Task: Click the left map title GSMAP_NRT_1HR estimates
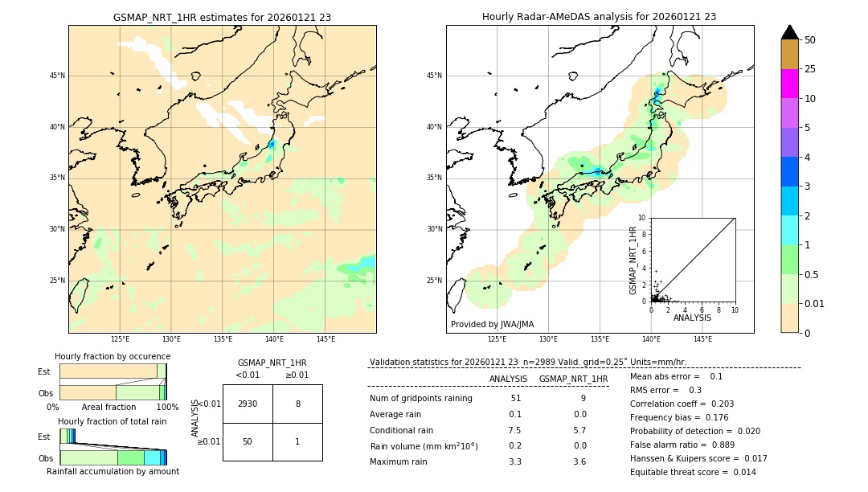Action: [222, 17]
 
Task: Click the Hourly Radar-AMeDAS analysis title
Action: [599, 17]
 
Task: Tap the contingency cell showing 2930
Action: [248, 404]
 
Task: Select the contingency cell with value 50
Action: [248, 441]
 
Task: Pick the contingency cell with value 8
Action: [297, 404]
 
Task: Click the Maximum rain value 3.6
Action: [579, 461]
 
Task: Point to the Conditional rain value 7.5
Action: [514, 430]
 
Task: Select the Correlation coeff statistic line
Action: [682, 404]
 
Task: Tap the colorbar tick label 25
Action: [810, 69]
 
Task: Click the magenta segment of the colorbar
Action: [789, 84]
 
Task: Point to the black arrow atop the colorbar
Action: [789, 32]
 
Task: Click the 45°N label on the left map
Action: [57, 76]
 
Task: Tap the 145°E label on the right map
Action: [702, 339]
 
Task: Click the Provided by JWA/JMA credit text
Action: [492, 324]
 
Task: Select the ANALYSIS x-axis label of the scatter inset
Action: [692, 318]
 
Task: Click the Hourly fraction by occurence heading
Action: [113, 356]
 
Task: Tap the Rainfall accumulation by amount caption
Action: [113, 471]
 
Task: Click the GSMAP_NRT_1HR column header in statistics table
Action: [573, 379]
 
